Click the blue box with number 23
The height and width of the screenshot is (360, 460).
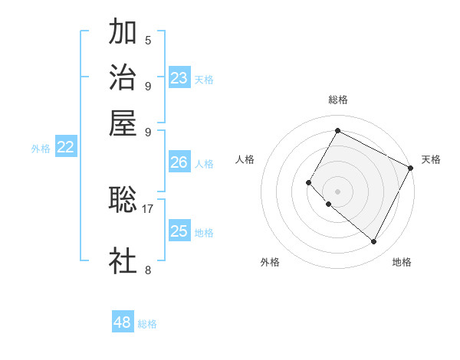click(x=179, y=77)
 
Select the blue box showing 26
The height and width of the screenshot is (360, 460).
click(x=179, y=162)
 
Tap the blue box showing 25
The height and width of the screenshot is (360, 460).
click(x=179, y=231)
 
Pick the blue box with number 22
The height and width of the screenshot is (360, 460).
click(x=65, y=148)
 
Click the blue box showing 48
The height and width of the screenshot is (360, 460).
click(x=123, y=322)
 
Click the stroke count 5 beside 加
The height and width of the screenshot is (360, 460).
click(x=148, y=40)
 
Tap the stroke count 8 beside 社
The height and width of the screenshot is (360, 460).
click(x=148, y=269)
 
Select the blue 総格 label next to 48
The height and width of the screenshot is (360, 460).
click(x=147, y=324)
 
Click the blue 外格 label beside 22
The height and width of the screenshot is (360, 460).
click(x=41, y=149)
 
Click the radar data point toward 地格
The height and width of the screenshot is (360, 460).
click(x=374, y=242)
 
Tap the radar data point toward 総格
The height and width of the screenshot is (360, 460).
click(x=337, y=130)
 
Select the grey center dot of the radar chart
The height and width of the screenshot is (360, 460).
click(x=337, y=191)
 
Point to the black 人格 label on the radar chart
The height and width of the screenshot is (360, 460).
click(x=245, y=159)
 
